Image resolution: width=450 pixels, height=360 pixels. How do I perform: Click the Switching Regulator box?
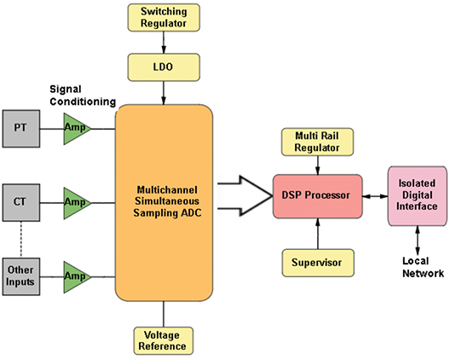coord(164,18)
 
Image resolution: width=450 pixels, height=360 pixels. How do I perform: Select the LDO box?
coord(164,67)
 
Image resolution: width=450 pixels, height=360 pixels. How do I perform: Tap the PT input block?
coord(21,129)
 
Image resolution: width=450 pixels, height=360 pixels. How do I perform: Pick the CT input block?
coord(21,202)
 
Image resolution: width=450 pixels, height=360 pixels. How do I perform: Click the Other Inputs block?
coord(21,276)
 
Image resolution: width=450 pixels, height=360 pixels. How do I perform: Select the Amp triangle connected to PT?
coord(75,129)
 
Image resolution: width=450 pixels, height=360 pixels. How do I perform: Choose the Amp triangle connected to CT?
coord(75,203)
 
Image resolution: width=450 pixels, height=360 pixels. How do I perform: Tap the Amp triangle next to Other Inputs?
coord(75,277)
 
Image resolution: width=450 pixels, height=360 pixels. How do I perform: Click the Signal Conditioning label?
coord(83,96)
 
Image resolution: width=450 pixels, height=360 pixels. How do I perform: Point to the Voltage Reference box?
coord(164,340)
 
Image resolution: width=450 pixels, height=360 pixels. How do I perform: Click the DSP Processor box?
coord(317,196)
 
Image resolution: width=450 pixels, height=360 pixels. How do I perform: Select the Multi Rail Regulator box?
coord(317,142)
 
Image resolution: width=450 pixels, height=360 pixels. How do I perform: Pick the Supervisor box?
coord(318,263)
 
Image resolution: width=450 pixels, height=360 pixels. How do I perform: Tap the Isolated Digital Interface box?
coord(418,196)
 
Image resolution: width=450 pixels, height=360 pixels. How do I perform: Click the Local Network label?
coord(423,267)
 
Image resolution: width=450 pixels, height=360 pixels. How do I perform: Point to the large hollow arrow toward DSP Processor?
coord(245,195)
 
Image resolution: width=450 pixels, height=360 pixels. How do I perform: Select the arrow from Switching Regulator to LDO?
coord(164,43)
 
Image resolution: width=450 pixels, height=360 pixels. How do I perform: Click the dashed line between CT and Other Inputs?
coord(21,240)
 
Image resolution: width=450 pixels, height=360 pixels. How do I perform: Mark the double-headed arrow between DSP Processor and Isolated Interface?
coord(375,196)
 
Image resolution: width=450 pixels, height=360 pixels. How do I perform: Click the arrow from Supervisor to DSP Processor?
coord(318,234)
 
